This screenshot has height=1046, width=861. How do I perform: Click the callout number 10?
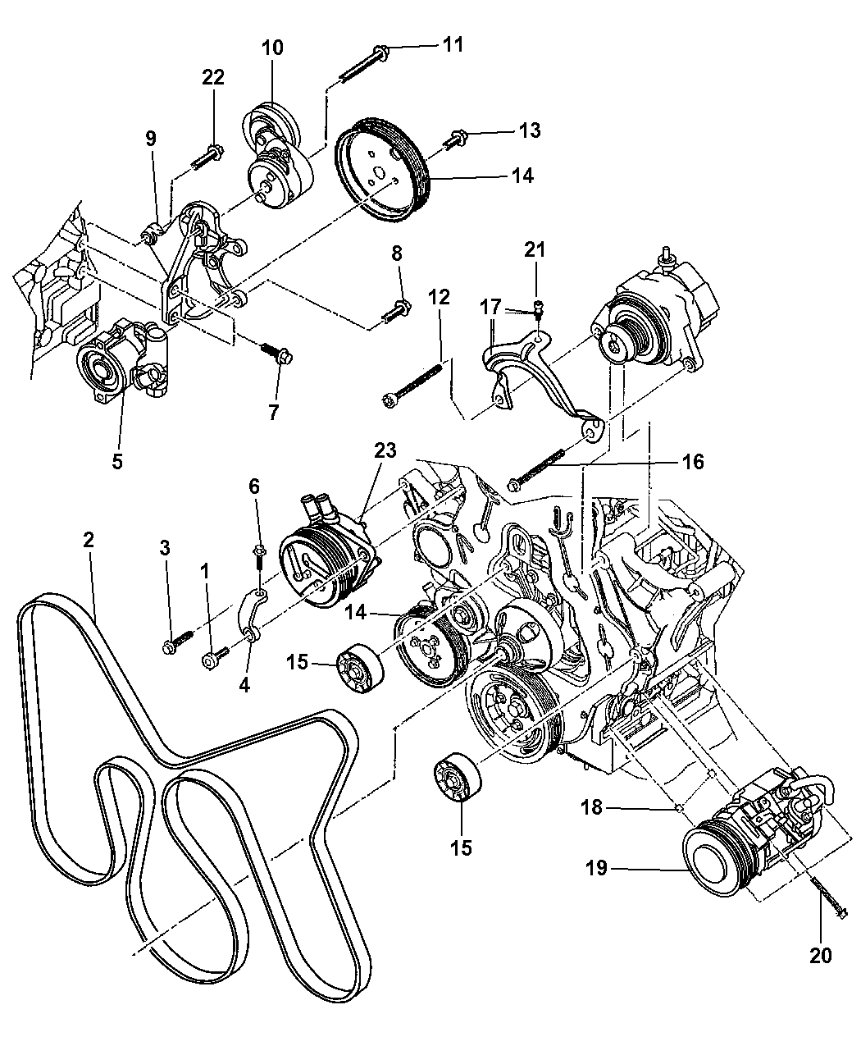(x=273, y=48)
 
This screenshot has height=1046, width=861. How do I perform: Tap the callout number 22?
(x=213, y=77)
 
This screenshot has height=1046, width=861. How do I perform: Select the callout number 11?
(x=453, y=44)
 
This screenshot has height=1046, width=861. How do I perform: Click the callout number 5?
(x=117, y=461)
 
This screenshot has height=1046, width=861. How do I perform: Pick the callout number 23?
(x=385, y=450)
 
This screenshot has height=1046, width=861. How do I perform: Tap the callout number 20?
(x=821, y=955)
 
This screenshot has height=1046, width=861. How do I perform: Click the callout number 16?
(x=693, y=463)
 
